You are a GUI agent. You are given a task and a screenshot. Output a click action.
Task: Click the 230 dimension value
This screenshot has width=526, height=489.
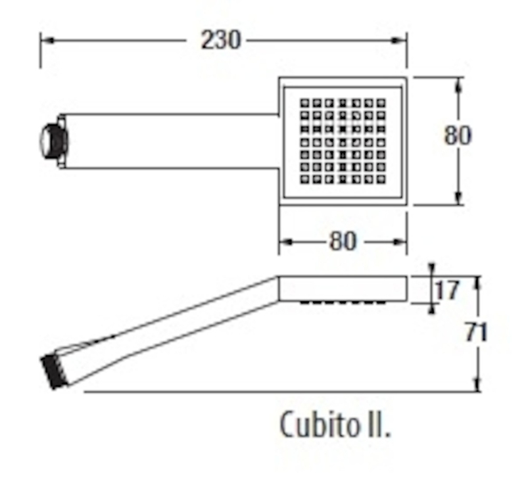(221, 40)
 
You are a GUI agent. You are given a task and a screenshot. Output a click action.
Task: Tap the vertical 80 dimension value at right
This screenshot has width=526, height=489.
(458, 135)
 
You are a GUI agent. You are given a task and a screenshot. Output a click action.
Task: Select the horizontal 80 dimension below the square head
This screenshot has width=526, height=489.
(342, 241)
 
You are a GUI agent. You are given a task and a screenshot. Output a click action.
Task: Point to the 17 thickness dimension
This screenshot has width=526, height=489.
(446, 290)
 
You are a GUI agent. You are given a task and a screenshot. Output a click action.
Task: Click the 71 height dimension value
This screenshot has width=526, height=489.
(475, 333)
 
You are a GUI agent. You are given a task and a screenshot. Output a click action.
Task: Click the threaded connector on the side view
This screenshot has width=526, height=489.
(54, 371)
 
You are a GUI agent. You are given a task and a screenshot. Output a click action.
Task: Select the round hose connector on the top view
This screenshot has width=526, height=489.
(54, 141)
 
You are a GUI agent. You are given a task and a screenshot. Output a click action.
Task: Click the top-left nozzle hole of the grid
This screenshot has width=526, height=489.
(304, 103)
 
